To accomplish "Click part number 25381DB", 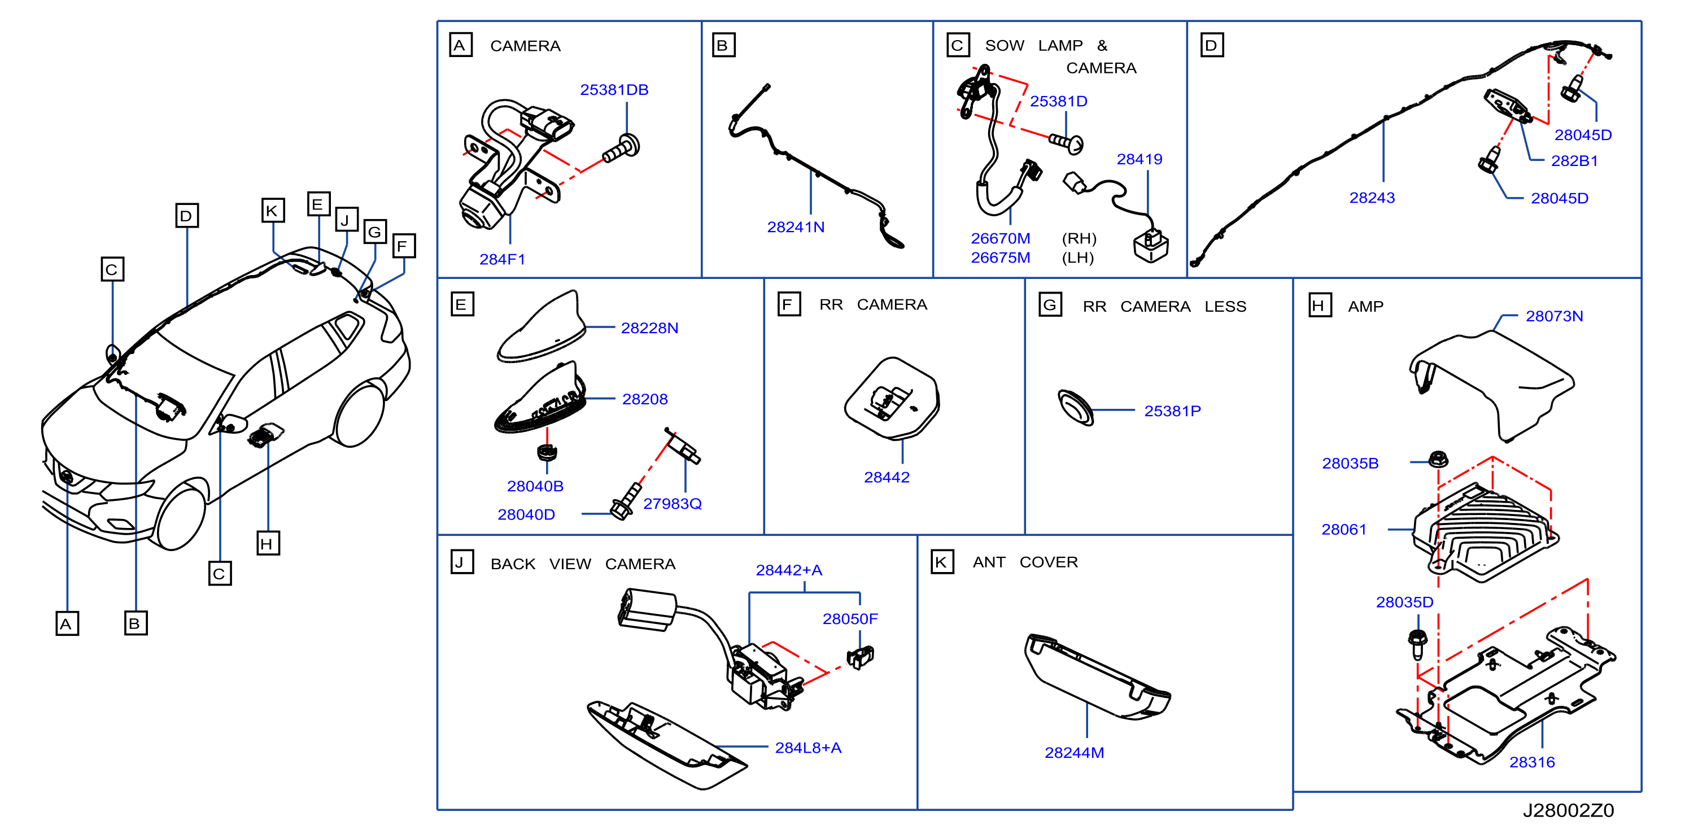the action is (x=614, y=90).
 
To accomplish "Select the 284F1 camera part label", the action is (x=503, y=259).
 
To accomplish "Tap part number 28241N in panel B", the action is (x=796, y=227).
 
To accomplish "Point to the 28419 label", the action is (x=1139, y=159).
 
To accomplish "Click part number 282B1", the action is (x=1574, y=161).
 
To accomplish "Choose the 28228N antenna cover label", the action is (x=649, y=328).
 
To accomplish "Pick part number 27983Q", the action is (x=672, y=504).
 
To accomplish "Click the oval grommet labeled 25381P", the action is (x=1075, y=408).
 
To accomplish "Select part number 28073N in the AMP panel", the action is (x=1554, y=316).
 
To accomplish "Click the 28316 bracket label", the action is (x=1532, y=762).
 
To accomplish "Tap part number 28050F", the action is (x=850, y=619).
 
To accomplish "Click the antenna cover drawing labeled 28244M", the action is (x=1097, y=677).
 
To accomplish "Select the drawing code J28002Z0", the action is (x=1568, y=810).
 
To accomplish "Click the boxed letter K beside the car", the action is (x=272, y=211).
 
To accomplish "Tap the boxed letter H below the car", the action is (x=268, y=544).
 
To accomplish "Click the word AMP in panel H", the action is (x=1365, y=306).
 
